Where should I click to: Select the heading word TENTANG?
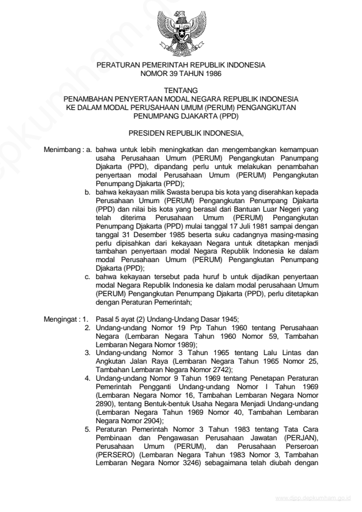(181, 90)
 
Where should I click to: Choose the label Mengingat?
(61, 319)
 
